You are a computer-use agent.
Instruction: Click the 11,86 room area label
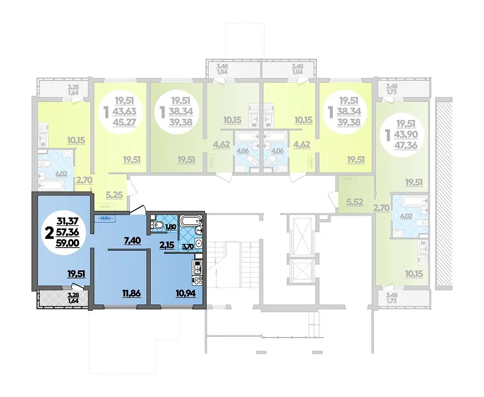(x=132, y=294)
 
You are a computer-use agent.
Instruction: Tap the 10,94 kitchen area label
(x=186, y=294)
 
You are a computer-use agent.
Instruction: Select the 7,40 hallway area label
(x=133, y=240)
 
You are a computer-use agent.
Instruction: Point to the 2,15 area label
(x=167, y=246)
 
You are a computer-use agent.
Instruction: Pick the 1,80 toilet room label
(x=171, y=227)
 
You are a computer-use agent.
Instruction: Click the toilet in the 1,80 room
(x=157, y=225)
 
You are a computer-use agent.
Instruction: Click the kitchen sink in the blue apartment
(x=197, y=267)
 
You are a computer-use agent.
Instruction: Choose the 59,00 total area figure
(x=67, y=243)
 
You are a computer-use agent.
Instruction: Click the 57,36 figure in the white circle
(x=67, y=232)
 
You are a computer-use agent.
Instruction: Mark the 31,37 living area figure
(x=68, y=221)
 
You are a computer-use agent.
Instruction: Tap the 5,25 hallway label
(x=114, y=195)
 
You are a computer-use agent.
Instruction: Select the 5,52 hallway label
(x=355, y=203)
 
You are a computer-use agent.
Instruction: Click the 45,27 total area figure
(x=125, y=123)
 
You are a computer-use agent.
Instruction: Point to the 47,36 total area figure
(x=405, y=145)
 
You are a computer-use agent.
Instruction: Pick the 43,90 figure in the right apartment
(x=406, y=134)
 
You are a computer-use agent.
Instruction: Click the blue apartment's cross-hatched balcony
(x=62, y=298)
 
